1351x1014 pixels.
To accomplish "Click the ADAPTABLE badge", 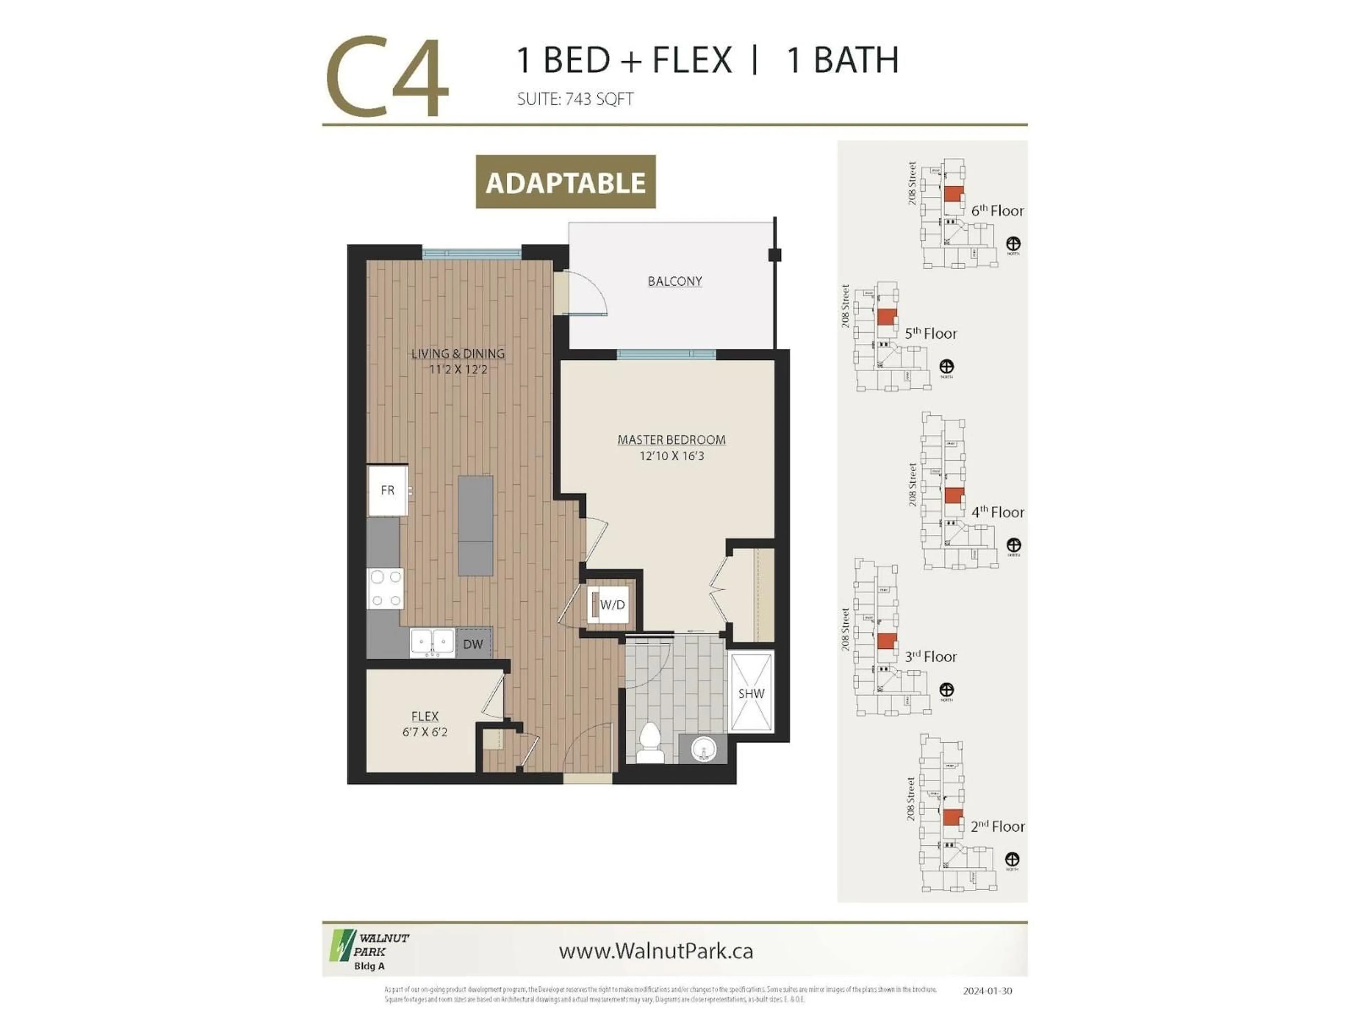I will pos(566,182).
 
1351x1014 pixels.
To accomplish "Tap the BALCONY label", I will pos(674,281).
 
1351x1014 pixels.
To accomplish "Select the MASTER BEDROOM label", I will pos(671,439).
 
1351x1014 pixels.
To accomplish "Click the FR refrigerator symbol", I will pos(388,490).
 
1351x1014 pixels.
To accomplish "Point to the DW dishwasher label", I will pos(473,644).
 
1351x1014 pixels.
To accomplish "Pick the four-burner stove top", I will pos(385,588).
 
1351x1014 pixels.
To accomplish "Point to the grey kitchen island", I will pos(476,526).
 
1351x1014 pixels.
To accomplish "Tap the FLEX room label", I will pos(425,716).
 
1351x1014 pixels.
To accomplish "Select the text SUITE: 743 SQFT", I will pos(575,99).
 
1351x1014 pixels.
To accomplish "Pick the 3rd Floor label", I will pos(931,656).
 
